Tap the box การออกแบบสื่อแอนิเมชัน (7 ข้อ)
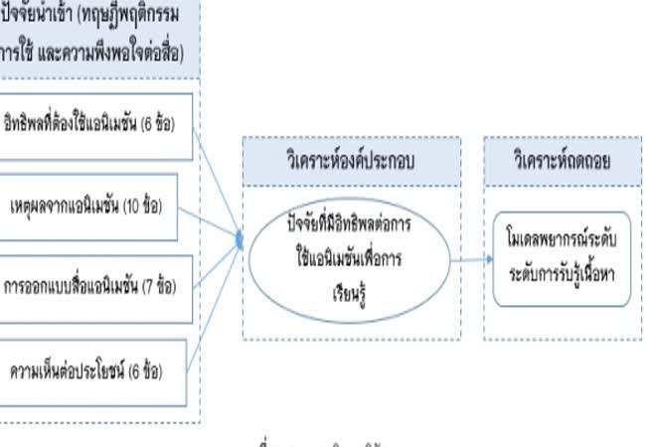[x=95, y=287]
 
